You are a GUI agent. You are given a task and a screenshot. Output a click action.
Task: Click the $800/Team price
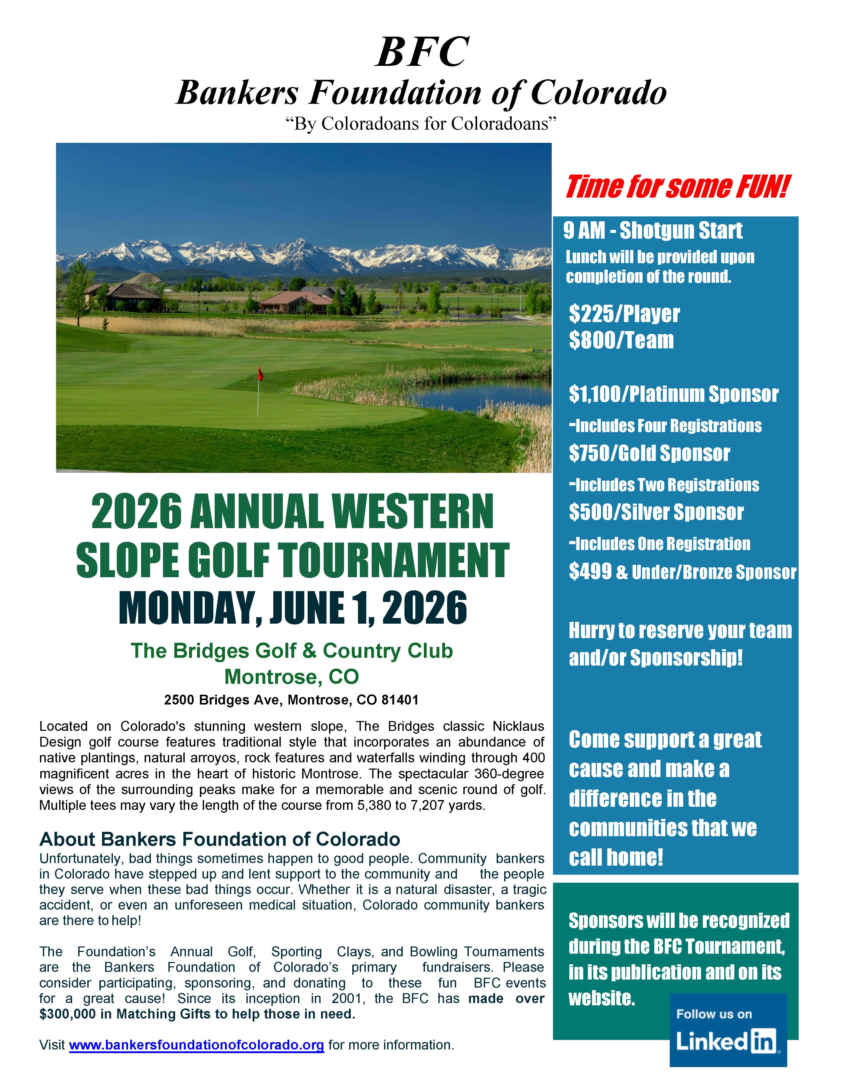(x=621, y=341)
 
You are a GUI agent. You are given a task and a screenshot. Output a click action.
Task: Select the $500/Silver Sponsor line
(x=656, y=512)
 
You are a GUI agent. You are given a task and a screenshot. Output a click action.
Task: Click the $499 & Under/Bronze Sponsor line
(x=683, y=572)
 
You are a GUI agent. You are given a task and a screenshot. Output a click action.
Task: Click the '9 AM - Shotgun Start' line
(x=653, y=231)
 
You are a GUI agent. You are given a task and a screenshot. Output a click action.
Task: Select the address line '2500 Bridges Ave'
(x=291, y=700)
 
